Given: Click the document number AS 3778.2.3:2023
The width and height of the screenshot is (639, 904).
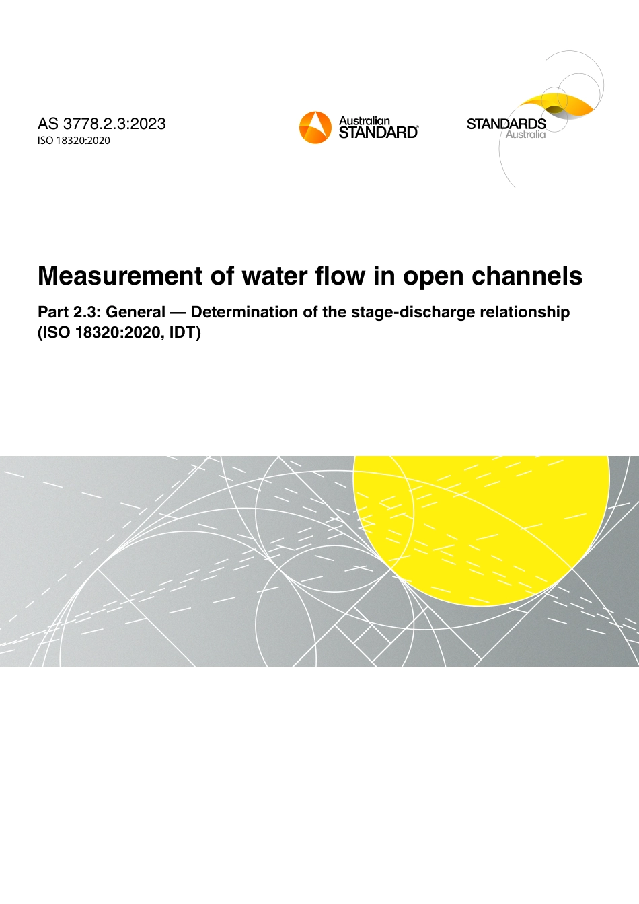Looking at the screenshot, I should tap(102, 124).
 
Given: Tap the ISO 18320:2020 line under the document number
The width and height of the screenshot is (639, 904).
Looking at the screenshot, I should tap(74, 141).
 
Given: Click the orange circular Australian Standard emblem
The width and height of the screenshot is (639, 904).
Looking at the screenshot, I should tap(315, 127).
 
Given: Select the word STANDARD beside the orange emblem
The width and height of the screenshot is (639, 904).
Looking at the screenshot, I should tap(378, 133).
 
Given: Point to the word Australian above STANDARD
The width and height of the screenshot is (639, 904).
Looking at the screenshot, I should tap(364, 121).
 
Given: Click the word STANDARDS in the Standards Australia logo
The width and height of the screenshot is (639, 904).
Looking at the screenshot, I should tap(506, 124).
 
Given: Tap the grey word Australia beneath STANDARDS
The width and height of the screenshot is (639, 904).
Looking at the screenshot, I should tap(525, 135).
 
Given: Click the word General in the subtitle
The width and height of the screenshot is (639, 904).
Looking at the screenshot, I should tap(135, 312).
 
